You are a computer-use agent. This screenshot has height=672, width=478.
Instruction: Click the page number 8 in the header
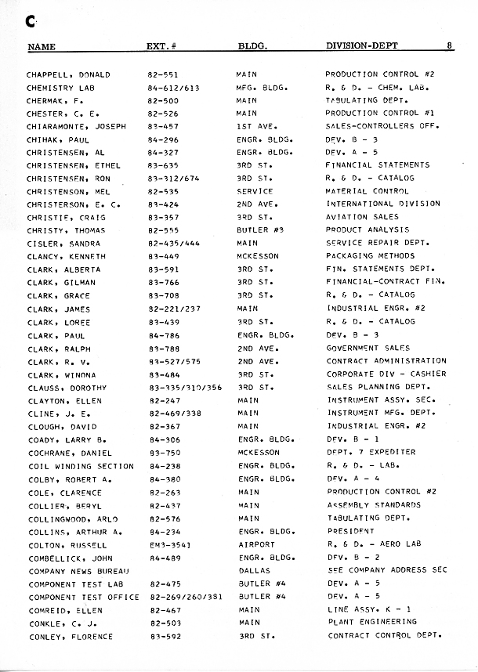450,45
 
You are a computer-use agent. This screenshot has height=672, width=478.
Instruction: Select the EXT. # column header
165,46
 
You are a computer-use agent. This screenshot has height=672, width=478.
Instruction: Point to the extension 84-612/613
174,88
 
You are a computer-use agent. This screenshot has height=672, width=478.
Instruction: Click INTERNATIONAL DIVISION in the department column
383,204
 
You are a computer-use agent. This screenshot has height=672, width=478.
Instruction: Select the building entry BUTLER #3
259,230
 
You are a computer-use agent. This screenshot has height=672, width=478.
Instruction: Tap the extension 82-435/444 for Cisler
174,244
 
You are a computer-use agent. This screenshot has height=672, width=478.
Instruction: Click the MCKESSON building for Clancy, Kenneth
258,256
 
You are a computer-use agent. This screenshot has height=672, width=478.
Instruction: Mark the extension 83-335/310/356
185,388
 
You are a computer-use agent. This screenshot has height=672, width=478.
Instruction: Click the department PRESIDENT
350,532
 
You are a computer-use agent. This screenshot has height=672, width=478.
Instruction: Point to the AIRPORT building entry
257,545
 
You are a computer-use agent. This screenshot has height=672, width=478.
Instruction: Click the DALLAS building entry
255,571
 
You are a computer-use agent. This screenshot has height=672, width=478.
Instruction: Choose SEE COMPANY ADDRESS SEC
387,571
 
